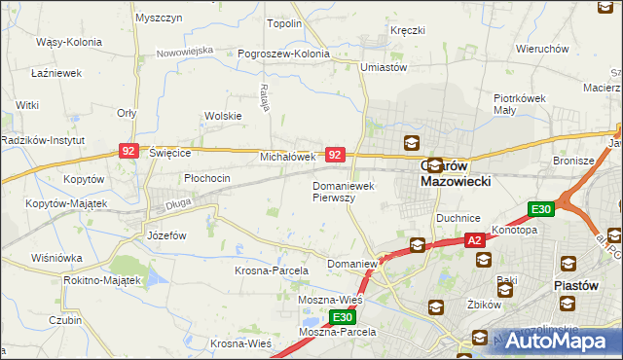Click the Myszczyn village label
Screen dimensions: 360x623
coord(160,18)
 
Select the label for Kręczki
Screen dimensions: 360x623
coord(408,30)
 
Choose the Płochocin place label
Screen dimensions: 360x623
coord(207,178)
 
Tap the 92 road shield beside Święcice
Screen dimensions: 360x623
coord(128,151)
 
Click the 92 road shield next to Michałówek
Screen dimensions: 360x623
coord(335,155)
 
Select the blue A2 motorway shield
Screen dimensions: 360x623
coord(474,239)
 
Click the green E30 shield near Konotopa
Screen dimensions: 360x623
coord(541,209)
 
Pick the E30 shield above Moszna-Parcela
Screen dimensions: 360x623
coord(341,317)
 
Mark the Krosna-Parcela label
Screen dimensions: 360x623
coord(271,270)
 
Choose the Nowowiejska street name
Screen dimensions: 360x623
coord(184,49)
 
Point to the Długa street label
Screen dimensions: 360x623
coord(177,204)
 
